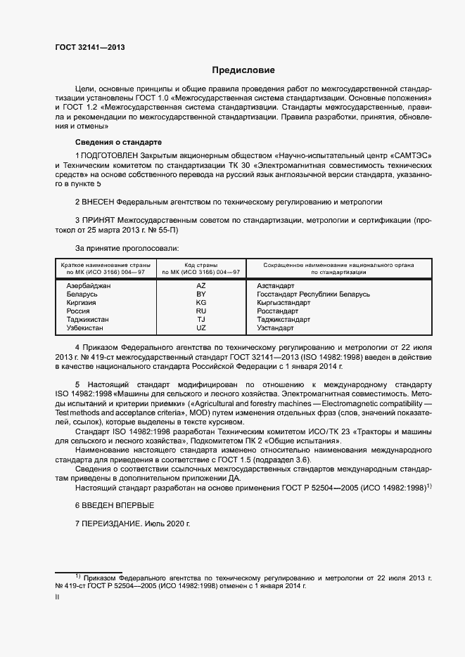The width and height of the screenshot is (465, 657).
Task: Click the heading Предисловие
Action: (x=244, y=70)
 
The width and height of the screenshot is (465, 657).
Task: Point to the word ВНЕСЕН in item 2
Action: (x=98, y=201)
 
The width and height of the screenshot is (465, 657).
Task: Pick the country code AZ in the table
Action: (x=201, y=286)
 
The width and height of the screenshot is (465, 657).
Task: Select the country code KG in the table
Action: (x=201, y=303)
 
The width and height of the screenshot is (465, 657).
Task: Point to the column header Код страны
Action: (x=201, y=265)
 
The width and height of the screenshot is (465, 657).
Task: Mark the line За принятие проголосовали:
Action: (x=127, y=248)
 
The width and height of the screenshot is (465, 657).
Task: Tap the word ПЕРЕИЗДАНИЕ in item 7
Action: (x=112, y=525)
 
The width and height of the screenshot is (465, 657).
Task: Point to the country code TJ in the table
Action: (x=201, y=320)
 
